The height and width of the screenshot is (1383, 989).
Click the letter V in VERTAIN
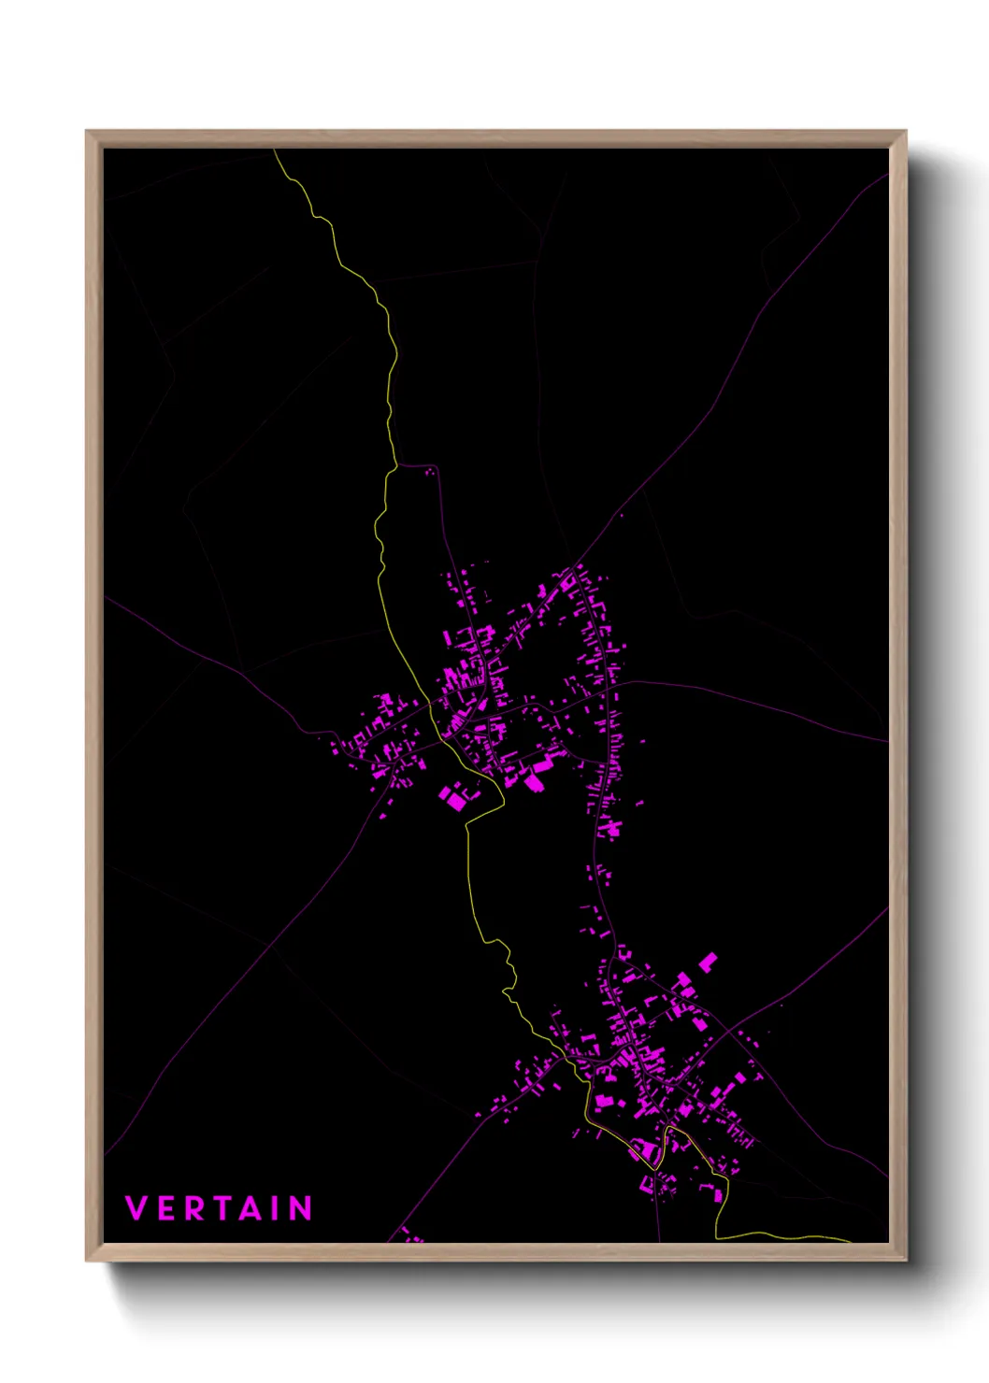pos(136,1208)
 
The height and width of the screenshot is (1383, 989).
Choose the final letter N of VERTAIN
pos(300,1208)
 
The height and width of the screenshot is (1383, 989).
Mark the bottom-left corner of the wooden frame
pos(88,1260)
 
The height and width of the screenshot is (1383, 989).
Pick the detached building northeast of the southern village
pos(709,962)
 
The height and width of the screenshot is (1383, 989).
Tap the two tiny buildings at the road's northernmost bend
pos(430,472)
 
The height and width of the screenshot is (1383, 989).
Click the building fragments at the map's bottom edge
pos(411,1237)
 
